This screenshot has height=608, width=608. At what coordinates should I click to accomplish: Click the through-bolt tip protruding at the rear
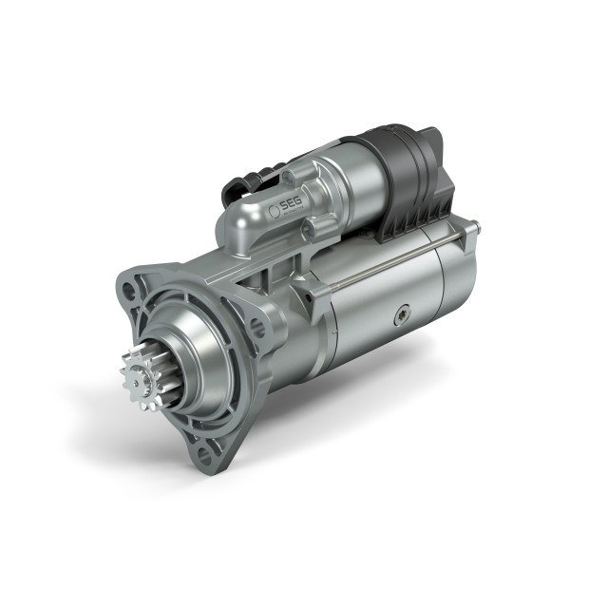point(475,228)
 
